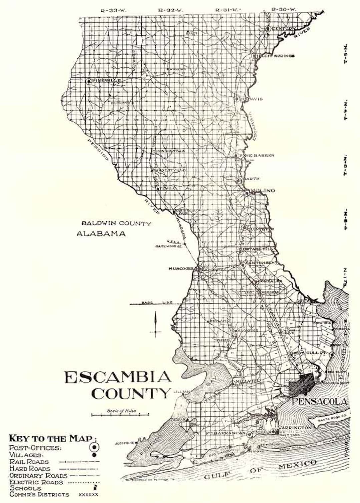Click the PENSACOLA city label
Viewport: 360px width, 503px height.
(x=319, y=401)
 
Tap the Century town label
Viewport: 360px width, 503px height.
(x=283, y=29)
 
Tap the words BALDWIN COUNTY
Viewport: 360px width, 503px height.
(x=116, y=224)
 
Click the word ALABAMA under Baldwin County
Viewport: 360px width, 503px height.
(x=101, y=234)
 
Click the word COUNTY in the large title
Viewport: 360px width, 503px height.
(x=130, y=394)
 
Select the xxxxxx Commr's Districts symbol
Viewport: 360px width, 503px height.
(x=88, y=495)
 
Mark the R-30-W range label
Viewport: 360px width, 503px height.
(x=284, y=10)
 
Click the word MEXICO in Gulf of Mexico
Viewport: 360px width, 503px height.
(x=297, y=465)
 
